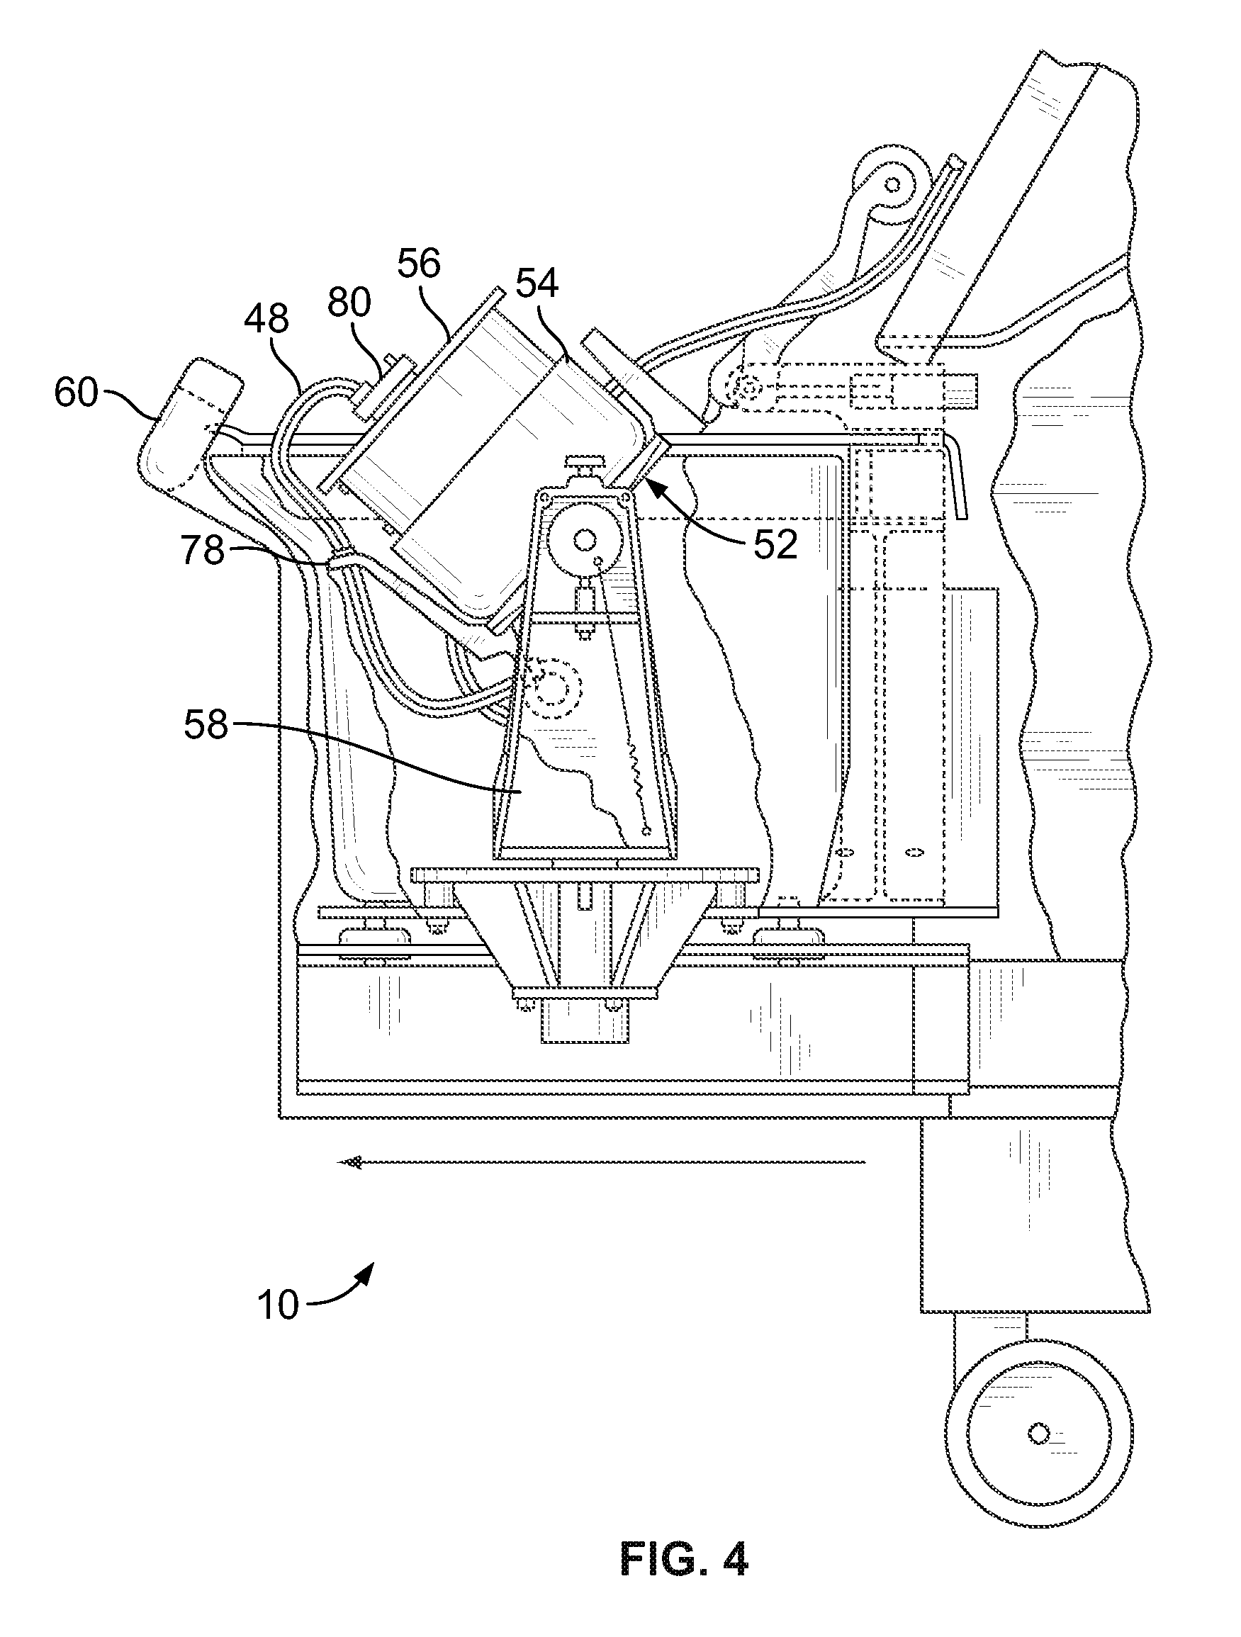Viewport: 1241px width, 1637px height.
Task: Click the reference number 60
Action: pos(77,392)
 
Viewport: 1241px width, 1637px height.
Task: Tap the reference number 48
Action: pos(266,320)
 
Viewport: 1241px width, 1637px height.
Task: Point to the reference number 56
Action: pos(419,263)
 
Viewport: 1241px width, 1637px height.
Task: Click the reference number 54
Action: pos(537,283)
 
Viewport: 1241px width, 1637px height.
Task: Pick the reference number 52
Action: pos(775,546)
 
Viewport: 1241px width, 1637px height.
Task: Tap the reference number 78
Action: pos(203,551)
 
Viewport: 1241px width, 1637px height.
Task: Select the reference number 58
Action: pos(206,724)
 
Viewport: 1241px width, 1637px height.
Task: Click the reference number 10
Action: pos(279,1305)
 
